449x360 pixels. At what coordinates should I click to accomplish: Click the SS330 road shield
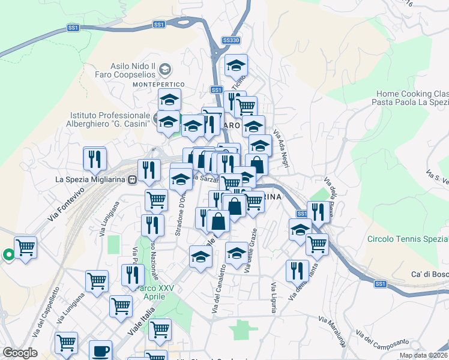(231, 40)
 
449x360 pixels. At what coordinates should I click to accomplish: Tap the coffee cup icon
(100, 350)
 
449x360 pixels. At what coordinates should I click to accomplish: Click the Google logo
(20, 353)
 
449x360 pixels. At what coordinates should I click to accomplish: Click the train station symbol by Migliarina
(131, 179)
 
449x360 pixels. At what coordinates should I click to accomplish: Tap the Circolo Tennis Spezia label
(408, 239)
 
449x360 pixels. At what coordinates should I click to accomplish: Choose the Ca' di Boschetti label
(429, 274)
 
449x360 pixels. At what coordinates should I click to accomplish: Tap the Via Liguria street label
(273, 298)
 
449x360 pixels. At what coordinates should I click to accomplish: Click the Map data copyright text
(423, 355)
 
